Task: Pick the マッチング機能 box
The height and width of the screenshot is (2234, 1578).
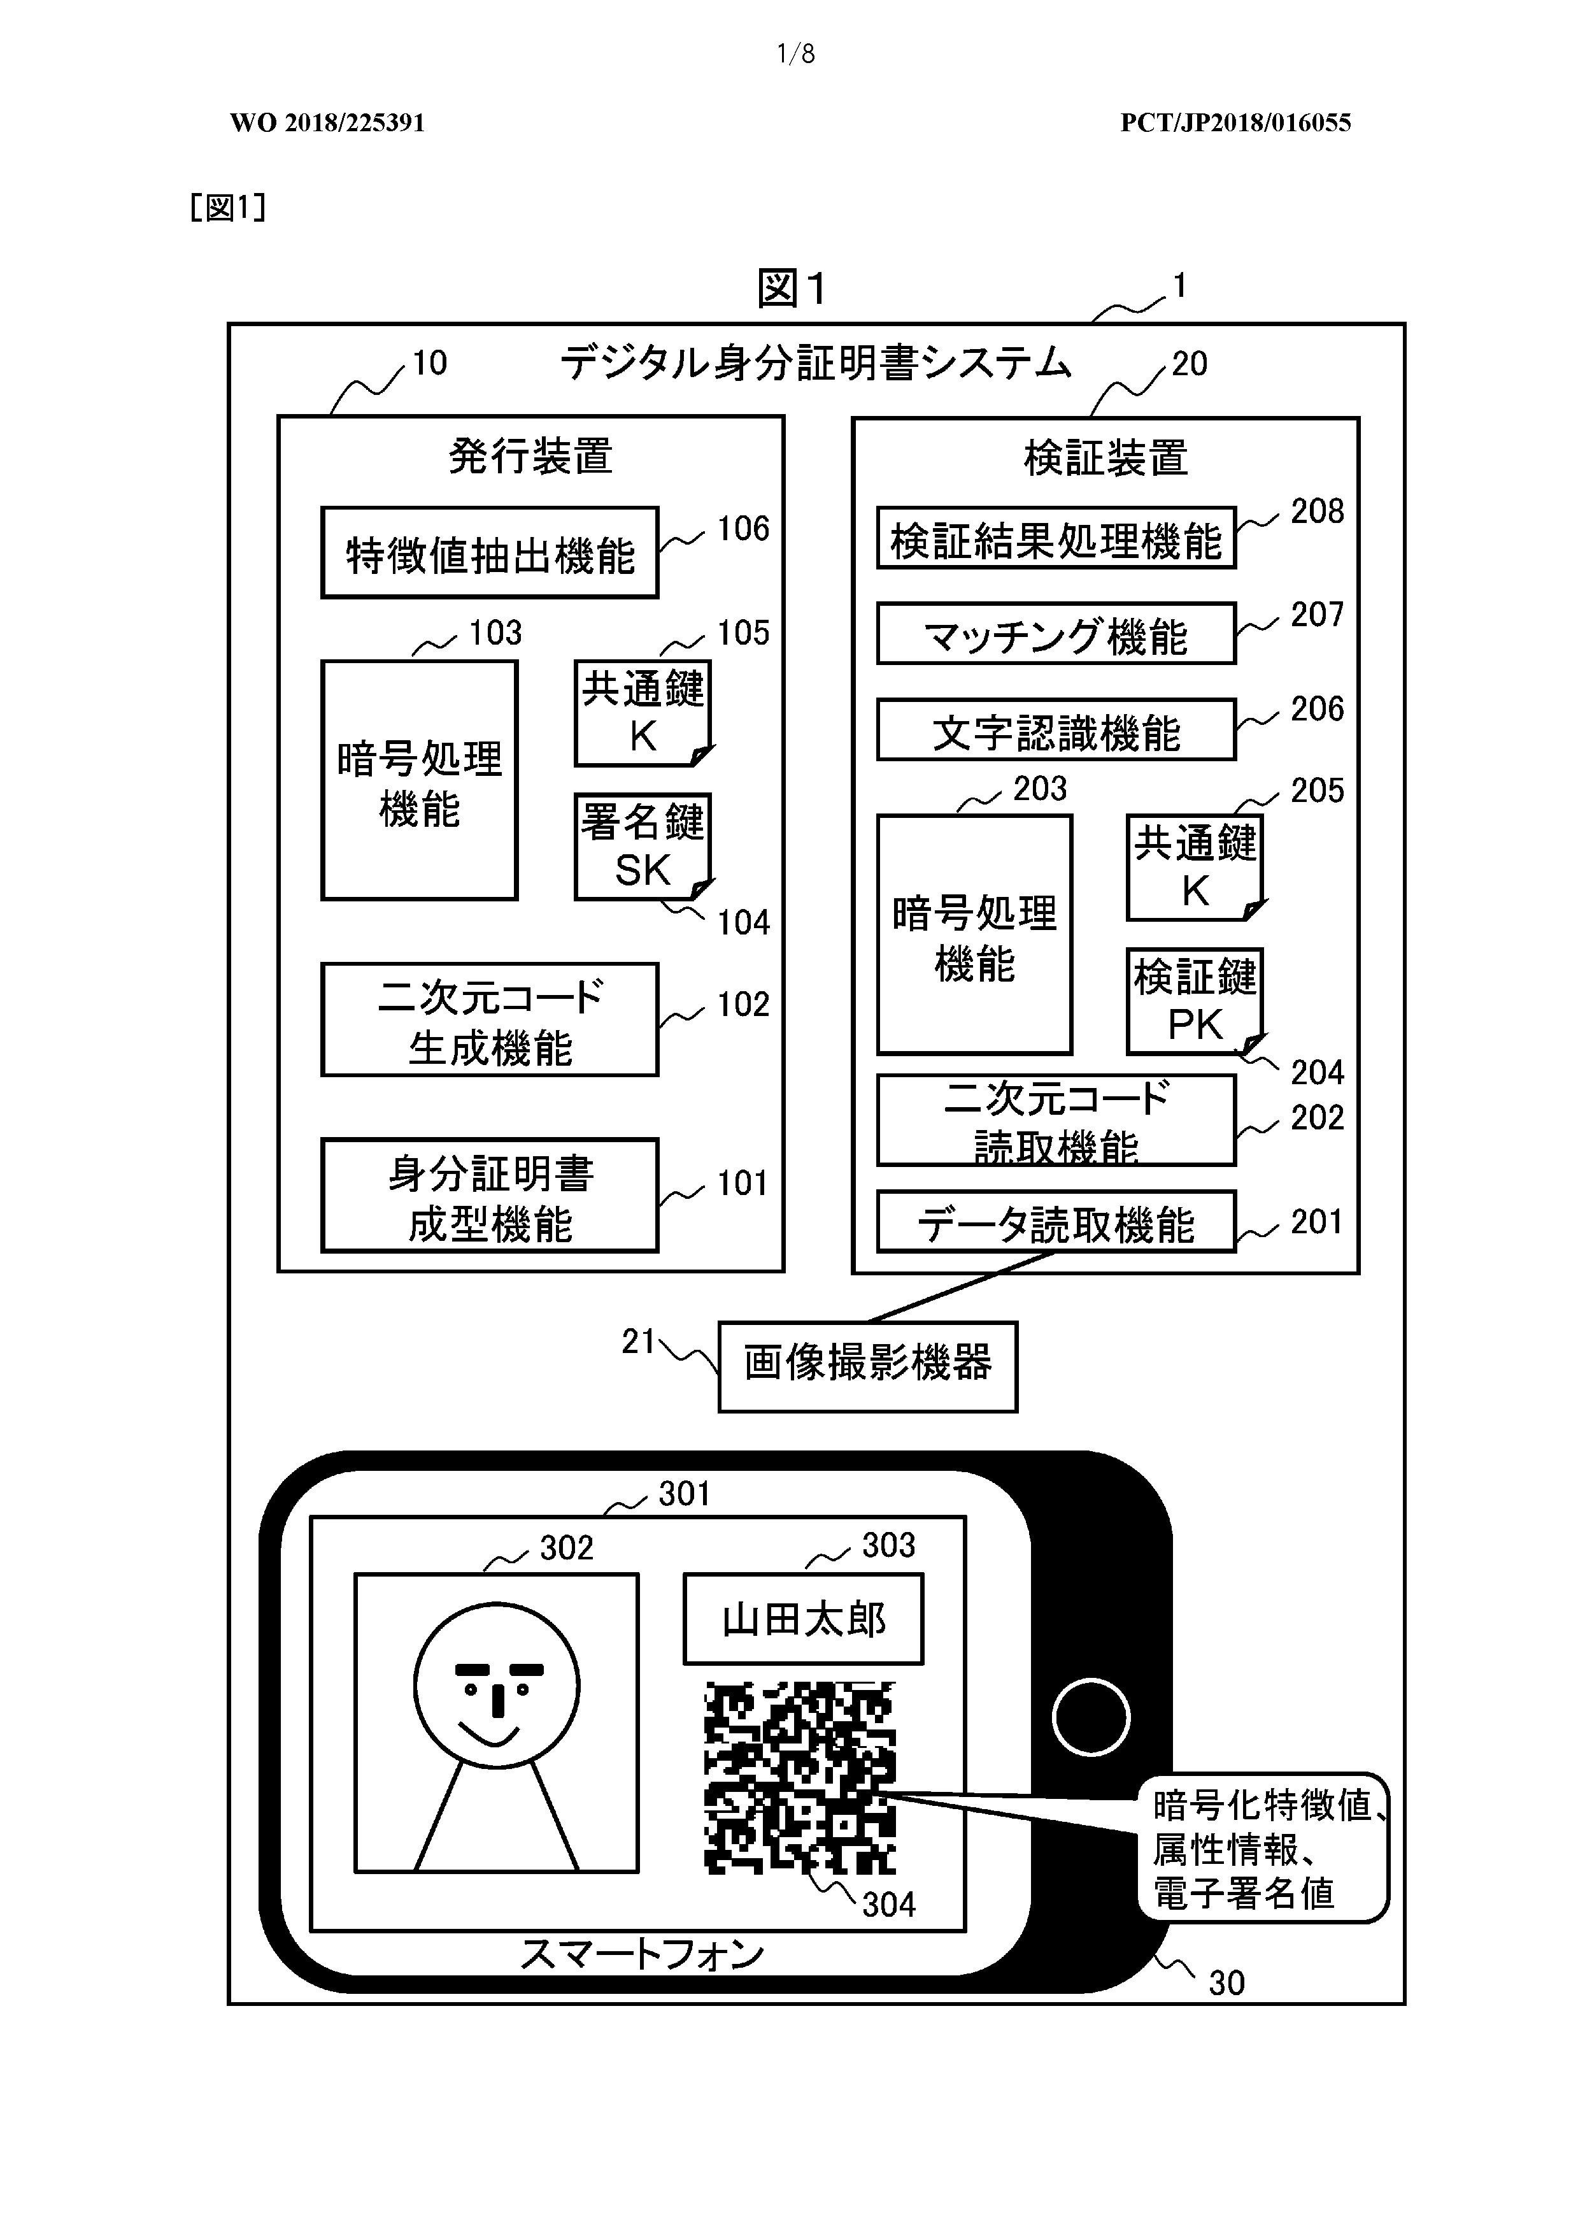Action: tap(1056, 633)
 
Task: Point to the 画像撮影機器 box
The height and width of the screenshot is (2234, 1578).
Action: tap(867, 1366)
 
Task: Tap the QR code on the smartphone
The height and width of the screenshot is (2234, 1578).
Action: tap(800, 1778)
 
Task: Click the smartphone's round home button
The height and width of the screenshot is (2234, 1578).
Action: tap(1091, 1717)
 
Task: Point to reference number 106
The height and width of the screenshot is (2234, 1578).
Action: tap(743, 528)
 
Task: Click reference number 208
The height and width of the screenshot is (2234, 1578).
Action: tap(1318, 511)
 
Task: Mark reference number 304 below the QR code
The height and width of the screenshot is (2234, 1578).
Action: tap(889, 1904)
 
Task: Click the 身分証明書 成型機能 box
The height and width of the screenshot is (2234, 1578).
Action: tap(489, 1195)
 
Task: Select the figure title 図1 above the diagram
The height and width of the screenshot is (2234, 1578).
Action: tap(792, 288)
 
